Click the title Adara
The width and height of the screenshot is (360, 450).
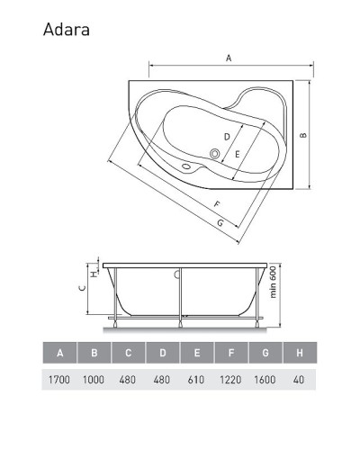coord(66,30)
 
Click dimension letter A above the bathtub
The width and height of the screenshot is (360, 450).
coord(229,58)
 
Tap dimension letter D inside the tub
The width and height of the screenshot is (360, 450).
coord(227,136)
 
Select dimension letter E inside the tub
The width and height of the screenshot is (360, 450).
coord(237,155)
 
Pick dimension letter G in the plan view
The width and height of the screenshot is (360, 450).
coord(220,222)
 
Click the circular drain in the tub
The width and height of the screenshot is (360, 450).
coord(215,153)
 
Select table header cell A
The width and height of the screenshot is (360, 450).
coord(59,353)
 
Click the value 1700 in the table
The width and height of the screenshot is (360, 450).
coord(59,380)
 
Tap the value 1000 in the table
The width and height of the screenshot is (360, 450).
coord(94,380)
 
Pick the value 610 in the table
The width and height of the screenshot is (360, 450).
coord(196,380)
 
